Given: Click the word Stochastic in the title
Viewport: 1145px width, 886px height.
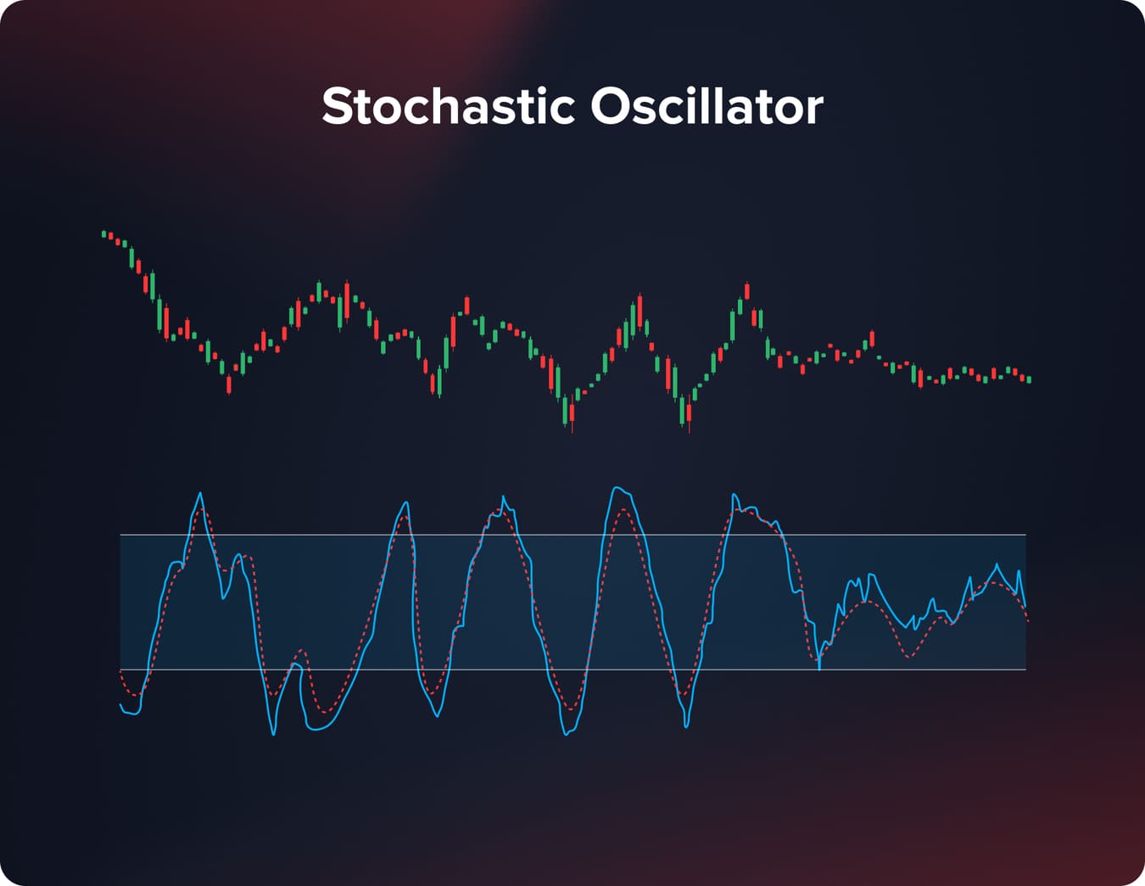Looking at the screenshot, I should [x=448, y=106].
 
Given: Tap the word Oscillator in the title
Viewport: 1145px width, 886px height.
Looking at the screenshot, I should [x=707, y=106].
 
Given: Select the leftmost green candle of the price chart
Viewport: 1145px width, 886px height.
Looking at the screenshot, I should [x=104, y=233].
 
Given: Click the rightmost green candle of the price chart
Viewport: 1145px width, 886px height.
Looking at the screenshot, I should [x=1029, y=379].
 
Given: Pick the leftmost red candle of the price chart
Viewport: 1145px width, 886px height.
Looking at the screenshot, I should [x=111, y=236].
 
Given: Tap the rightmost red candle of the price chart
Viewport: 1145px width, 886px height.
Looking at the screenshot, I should [x=1022, y=377].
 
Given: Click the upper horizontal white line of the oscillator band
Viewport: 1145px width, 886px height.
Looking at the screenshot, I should [x=572, y=535].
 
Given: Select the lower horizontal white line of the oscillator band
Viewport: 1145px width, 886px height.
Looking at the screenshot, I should [x=572, y=670].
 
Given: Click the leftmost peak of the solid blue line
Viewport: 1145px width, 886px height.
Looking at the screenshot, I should [x=200, y=493].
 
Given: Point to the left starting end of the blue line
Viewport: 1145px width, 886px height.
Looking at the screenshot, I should [x=120, y=704].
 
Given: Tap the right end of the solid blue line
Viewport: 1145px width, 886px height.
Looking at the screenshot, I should [x=1025, y=606].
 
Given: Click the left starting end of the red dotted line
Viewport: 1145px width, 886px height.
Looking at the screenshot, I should [x=121, y=671].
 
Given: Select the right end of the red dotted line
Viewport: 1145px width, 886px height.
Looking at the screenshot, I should [x=1027, y=621].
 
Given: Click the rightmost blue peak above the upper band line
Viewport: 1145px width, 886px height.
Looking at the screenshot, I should [x=734, y=494].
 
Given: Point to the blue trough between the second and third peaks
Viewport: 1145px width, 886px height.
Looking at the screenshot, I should [x=437, y=716].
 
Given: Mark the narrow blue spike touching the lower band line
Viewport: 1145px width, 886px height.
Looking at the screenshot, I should [x=819, y=669].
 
